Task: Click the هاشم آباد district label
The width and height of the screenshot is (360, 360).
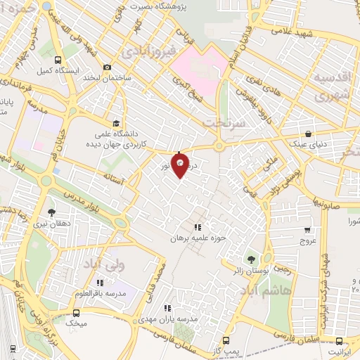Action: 264,290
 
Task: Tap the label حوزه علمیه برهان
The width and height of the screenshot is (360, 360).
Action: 197,238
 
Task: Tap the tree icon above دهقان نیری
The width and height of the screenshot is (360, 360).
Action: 51,211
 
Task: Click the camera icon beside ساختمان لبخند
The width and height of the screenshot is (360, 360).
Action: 107,67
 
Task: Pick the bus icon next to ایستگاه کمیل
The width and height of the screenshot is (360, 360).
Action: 58,60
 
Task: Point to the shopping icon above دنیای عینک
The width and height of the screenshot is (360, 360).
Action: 308,134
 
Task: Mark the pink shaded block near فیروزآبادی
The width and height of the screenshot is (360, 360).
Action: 201,71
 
